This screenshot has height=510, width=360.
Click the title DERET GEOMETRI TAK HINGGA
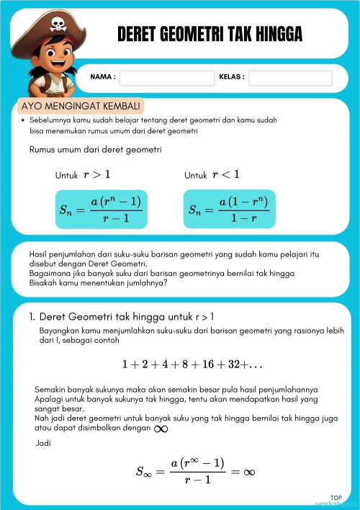[210, 34]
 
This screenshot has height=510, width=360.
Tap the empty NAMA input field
[167, 78]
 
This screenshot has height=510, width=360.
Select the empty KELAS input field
[290, 78]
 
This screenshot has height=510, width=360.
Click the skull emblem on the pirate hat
[57, 24]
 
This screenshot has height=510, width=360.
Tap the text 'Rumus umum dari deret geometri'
[96, 150]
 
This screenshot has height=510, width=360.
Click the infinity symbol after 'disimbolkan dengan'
[161, 429]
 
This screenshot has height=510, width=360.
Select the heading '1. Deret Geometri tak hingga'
[122, 316]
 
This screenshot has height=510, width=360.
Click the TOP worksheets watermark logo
[335, 501]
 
